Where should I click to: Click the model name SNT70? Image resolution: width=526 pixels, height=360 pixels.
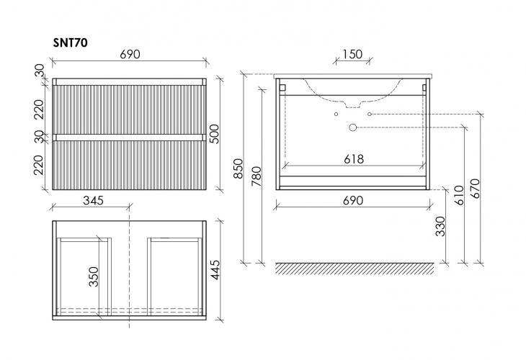tap(71, 43)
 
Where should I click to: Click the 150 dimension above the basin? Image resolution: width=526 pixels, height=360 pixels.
tap(352, 54)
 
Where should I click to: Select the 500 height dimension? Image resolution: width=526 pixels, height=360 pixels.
tap(214, 134)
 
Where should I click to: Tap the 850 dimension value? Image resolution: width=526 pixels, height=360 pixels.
tap(238, 168)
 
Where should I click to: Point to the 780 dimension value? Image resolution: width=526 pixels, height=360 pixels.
tap(257, 176)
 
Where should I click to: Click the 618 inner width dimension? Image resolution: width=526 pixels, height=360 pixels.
tap(354, 159)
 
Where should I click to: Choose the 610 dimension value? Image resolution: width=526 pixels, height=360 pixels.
tap(459, 195)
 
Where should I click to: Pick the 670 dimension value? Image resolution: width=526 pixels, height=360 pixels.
tap(476, 189)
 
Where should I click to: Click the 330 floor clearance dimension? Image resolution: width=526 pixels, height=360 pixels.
tap(440, 227)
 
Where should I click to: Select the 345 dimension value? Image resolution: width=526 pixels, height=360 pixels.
tap(93, 200)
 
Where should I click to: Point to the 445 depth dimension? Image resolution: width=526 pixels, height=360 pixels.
tap(214, 270)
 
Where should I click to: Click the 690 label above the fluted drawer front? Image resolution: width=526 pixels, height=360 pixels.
tap(130, 54)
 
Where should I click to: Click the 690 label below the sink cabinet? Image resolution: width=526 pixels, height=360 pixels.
tap(353, 200)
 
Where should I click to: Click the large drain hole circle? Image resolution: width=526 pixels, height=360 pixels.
tap(352, 127)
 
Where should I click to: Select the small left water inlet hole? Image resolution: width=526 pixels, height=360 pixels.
tap(336, 114)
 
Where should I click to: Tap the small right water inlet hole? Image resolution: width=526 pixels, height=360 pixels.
tap(370, 114)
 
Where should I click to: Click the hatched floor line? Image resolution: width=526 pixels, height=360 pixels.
tap(355, 268)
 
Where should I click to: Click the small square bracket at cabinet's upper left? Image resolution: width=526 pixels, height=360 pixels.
tap(282, 88)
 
